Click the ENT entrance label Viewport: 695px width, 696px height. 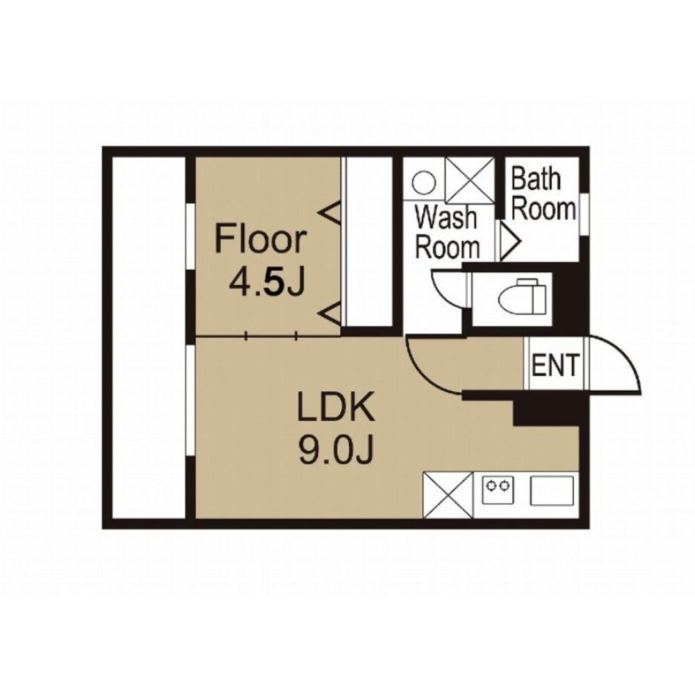click(x=555, y=364)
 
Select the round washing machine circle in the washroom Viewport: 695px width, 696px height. click(x=423, y=182)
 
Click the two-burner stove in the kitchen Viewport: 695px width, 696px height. click(x=498, y=489)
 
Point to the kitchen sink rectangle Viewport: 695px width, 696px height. click(x=552, y=490)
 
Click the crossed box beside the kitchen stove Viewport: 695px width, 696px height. click(x=448, y=495)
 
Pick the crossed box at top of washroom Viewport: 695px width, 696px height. click(x=470, y=180)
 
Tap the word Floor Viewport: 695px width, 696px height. click(x=260, y=240)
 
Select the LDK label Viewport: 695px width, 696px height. click(x=336, y=407)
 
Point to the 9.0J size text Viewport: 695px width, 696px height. click(x=335, y=450)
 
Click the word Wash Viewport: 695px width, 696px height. click(x=445, y=218)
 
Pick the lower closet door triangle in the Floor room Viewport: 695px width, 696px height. click(x=332, y=313)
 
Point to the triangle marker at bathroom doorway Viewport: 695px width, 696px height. click(x=509, y=241)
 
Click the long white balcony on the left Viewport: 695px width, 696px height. click(x=149, y=337)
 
